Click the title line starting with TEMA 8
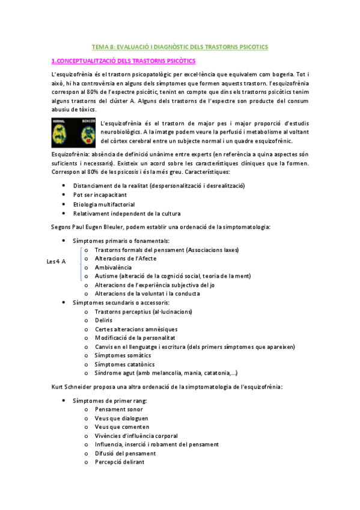pos(179,46)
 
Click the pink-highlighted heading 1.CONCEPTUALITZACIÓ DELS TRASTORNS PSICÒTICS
pos(123,61)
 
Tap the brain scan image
pos(74,133)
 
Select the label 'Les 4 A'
pos(56,261)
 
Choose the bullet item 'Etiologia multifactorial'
pos(104,204)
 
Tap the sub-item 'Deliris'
pos(103,321)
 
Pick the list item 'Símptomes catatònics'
pos(124,364)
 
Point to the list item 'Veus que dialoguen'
pos(121,418)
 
